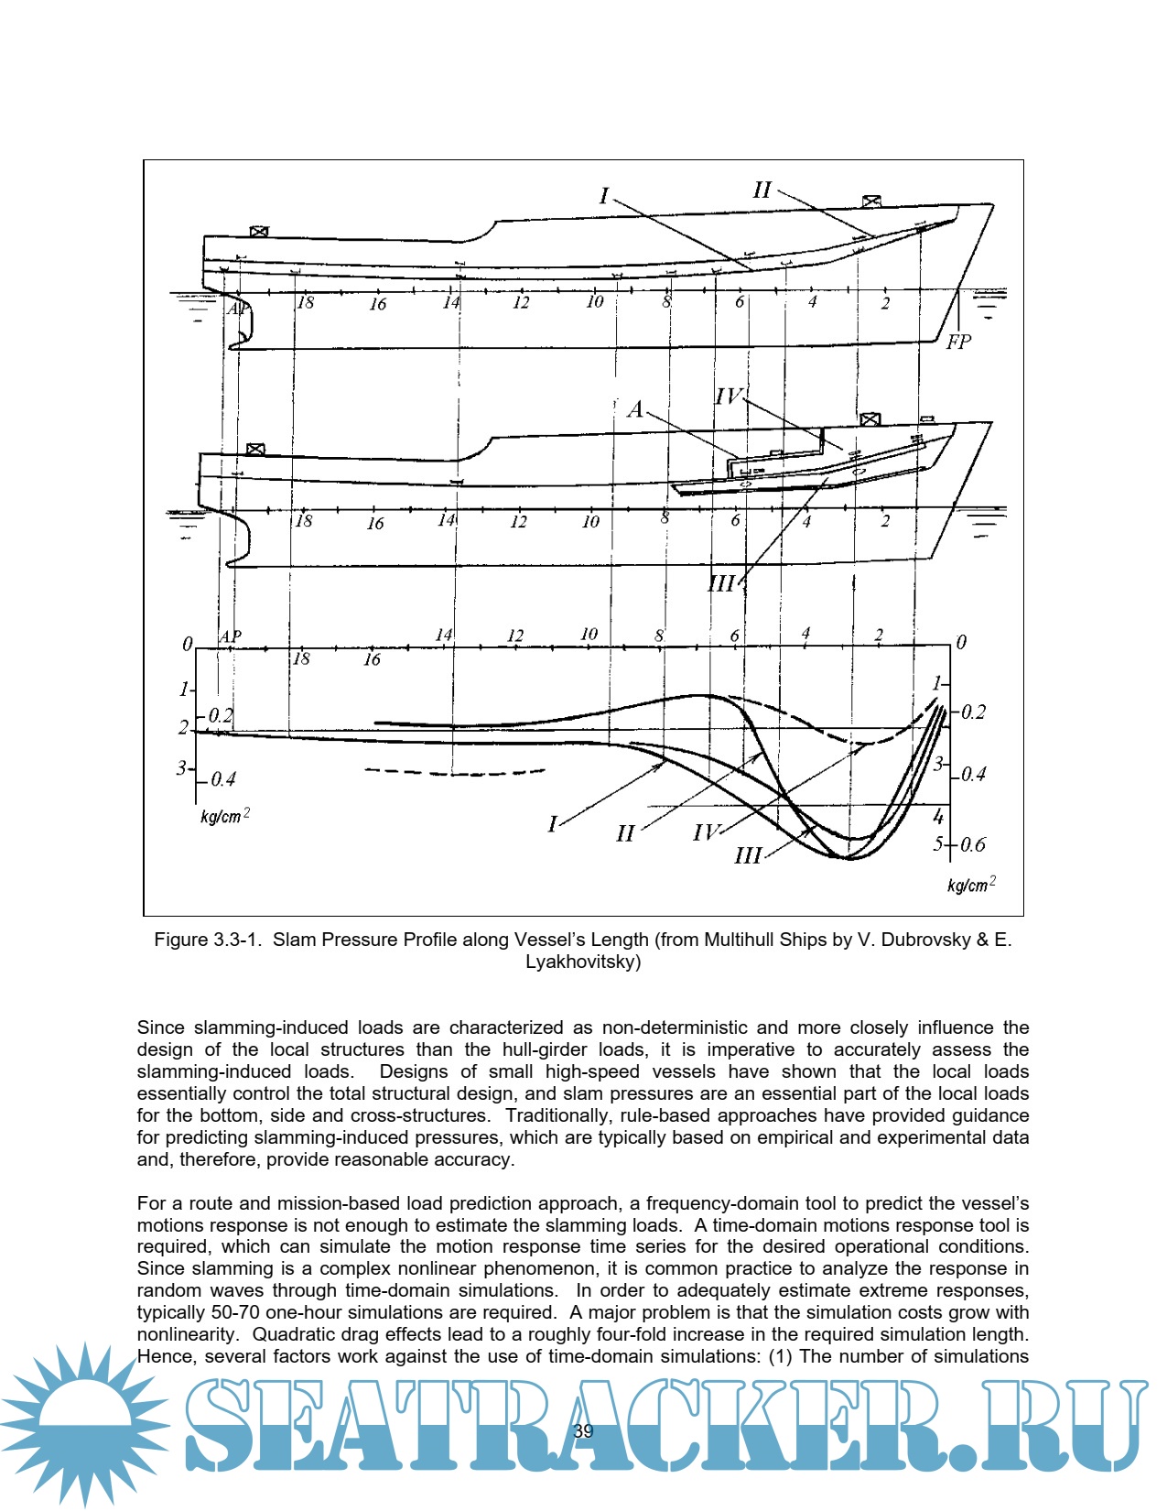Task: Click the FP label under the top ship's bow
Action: tap(958, 342)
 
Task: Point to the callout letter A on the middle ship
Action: tap(635, 409)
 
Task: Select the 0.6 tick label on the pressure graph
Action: tap(972, 844)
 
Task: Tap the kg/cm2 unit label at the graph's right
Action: tap(971, 885)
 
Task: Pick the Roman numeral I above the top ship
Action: tap(604, 196)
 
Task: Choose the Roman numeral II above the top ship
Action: tap(762, 190)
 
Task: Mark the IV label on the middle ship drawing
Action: tap(729, 397)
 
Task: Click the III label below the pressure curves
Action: tap(748, 855)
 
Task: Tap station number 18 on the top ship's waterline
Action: tap(306, 302)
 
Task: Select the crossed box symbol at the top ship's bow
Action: tap(870, 201)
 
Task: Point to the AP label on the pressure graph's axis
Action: tap(230, 636)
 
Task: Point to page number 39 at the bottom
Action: tap(583, 1431)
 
